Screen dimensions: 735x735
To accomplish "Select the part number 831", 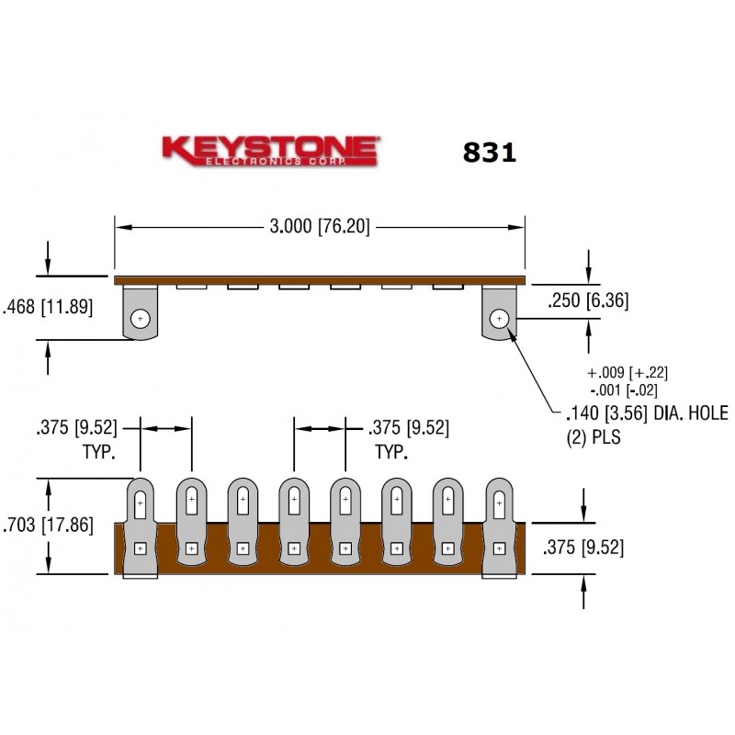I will pyautogui.click(x=489, y=153).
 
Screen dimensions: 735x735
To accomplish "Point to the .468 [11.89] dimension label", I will pyautogui.click(x=48, y=308).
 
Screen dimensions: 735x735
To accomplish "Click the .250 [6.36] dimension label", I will pyautogui.click(x=587, y=300).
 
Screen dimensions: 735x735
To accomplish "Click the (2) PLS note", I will pyautogui.click(x=594, y=438).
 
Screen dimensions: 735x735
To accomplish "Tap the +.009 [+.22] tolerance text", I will pyautogui.click(x=627, y=372).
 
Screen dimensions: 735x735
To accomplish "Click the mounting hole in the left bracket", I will pyautogui.click(x=140, y=319).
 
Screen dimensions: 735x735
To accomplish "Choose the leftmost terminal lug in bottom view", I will pyautogui.click(x=140, y=528).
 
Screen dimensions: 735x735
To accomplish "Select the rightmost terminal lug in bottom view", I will pyautogui.click(x=499, y=528).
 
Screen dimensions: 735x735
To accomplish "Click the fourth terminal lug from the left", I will pyautogui.click(x=293, y=528).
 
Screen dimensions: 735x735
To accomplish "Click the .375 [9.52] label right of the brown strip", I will pyautogui.click(x=584, y=548).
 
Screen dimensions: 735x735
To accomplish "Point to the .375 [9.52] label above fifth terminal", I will pyautogui.click(x=408, y=427).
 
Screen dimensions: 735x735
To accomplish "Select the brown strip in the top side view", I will pyautogui.click(x=320, y=278).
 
